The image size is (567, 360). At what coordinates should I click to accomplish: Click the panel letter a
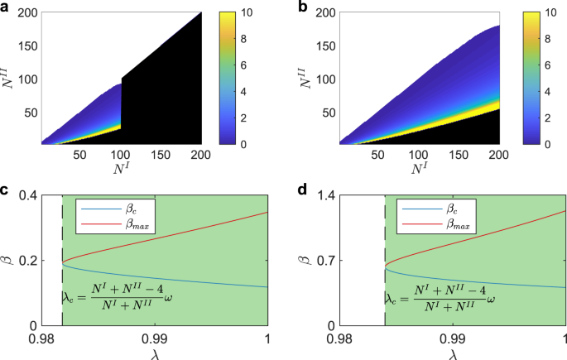click(6, 7)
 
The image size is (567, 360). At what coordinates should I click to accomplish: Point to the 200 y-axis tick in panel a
click(26, 13)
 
